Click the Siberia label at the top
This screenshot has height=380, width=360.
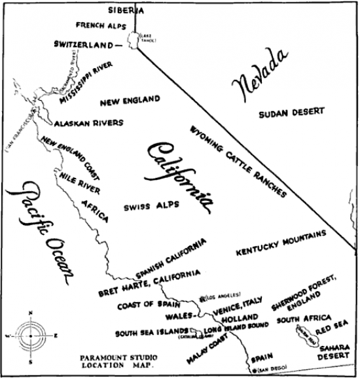[126, 10]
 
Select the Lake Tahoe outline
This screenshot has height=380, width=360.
[135, 39]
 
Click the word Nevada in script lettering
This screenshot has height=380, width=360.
[261, 76]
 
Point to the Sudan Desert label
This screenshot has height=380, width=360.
[291, 112]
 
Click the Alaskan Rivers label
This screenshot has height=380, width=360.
[89, 122]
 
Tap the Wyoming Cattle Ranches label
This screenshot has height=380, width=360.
[238, 161]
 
